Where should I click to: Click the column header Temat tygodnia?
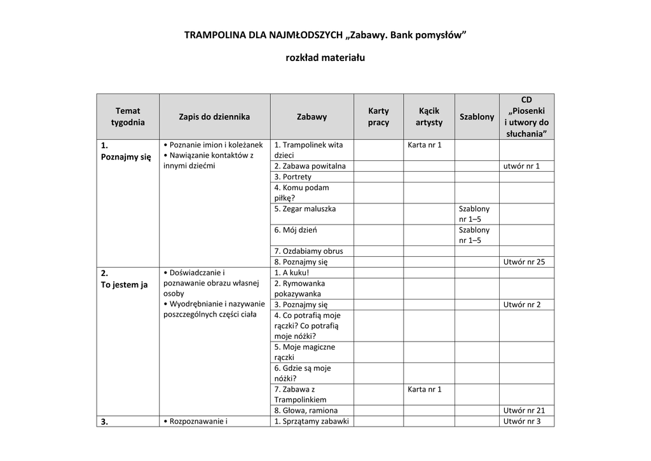(x=128, y=116)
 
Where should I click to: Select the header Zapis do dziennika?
(x=214, y=116)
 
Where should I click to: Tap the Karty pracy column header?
(x=378, y=116)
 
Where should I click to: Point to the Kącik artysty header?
(x=429, y=116)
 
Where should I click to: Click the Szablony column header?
(x=477, y=116)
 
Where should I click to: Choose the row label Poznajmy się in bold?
(x=126, y=156)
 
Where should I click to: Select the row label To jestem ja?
(x=124, y=284)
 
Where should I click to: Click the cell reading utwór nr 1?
(x=521, y=166)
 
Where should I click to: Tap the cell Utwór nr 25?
(x=524, y=261)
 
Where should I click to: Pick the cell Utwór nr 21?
(x=524, y=410)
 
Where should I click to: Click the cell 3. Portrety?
(x=293, y=177)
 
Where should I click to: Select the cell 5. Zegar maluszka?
(x=305, y=209)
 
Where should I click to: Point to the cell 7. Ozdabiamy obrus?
(x=308, y=251)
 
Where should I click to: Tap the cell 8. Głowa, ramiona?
(x=306, y=410)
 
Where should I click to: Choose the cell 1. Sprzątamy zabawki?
(x=312, y=421)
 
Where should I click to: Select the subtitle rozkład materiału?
(x=325, y=58)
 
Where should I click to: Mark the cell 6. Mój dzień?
(x=296, y=230)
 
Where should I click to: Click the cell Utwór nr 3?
(x=522, y=421)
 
